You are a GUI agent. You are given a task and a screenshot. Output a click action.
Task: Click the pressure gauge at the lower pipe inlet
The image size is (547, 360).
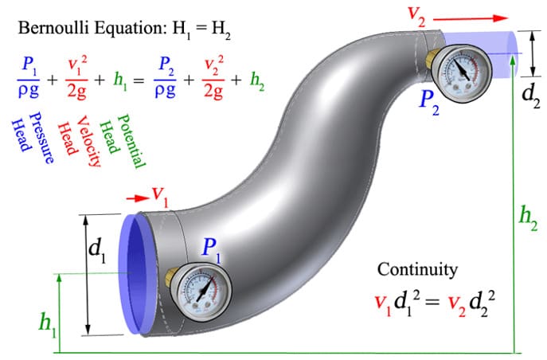201,292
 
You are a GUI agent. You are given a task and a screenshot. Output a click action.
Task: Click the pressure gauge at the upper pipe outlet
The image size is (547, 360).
461,72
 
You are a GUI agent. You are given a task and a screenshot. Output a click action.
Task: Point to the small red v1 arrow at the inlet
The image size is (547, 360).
138,198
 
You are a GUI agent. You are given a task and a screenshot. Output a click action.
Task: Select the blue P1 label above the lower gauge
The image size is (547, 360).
212,250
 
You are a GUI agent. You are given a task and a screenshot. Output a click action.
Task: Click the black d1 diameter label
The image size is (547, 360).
97,250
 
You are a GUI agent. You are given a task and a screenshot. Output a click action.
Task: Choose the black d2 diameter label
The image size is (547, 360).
531,96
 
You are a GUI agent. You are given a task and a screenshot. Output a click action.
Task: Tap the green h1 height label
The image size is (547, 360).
48,324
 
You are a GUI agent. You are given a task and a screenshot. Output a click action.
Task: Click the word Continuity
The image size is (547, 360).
417,270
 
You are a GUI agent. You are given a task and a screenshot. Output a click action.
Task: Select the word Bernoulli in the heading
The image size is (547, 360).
54,28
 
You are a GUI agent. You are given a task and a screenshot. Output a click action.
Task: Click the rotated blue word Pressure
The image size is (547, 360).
42,138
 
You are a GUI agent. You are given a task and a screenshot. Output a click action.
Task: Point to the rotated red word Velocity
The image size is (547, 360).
88,141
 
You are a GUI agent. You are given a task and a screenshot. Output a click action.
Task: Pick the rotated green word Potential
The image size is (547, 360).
131,141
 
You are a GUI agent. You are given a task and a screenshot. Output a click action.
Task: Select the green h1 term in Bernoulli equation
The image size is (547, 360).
119,81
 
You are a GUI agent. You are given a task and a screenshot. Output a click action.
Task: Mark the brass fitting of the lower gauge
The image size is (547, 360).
170,278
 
